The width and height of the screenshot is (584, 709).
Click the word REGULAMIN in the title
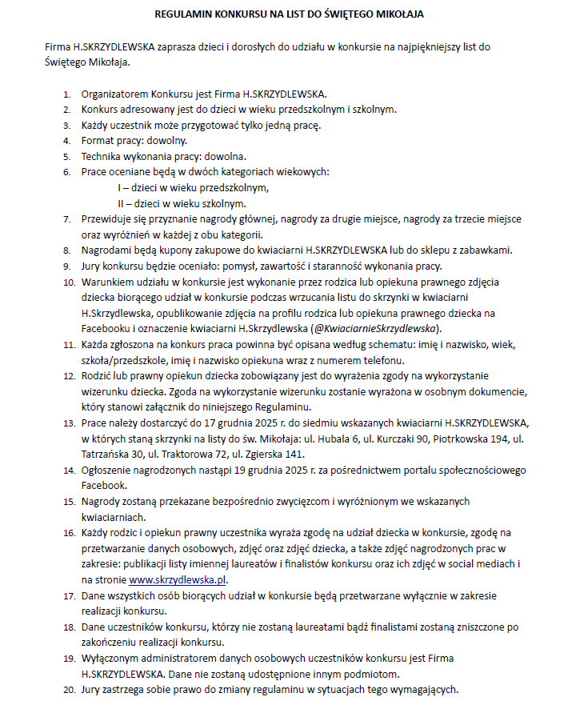(181, 14)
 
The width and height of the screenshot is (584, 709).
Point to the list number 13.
(66, 423)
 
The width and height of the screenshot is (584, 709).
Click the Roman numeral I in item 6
(119, 188)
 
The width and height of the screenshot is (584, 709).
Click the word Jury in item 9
(93, 266)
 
